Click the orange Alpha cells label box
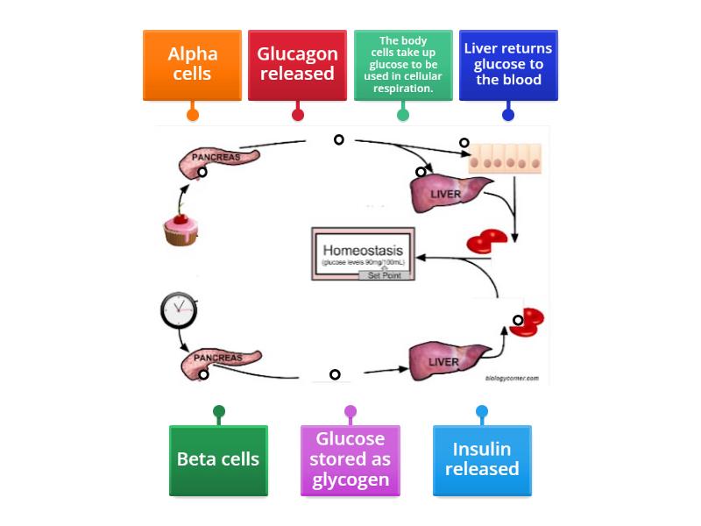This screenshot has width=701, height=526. pyautogui.click(x=192, y=65)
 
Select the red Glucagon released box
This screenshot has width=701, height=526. pyautogui.click(x=297, y=65)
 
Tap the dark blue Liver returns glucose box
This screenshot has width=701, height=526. pyautogui.click(x=508, y=65)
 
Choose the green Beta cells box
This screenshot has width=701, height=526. pyautogui.click(x=218, y=459)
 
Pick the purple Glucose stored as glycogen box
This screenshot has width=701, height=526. pyautogui.click(x=350, y=459)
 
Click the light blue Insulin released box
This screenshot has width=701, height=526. pyautogui.click(x=482, y=459)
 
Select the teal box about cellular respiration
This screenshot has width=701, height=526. pyautogui.click(x=403, y=65)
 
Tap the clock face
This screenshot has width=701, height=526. pyautogui.click(x=179, y=309)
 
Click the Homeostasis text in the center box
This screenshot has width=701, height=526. pyautogui.click(x=363, y=249)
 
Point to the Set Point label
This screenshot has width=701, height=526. pyautogui.click(x=386, y=274)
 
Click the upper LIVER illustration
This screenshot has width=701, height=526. pyautogui.click(x=448, y=190)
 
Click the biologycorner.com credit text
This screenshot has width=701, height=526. pyautogui.click(x=512, y=379)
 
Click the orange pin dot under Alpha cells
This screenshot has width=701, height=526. pyautogui.click(x=193, y=115)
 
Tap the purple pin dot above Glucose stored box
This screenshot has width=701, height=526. pyautogui.click(x=350, y=411)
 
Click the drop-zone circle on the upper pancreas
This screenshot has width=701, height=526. pyautogui.click(x=202, y=173)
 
